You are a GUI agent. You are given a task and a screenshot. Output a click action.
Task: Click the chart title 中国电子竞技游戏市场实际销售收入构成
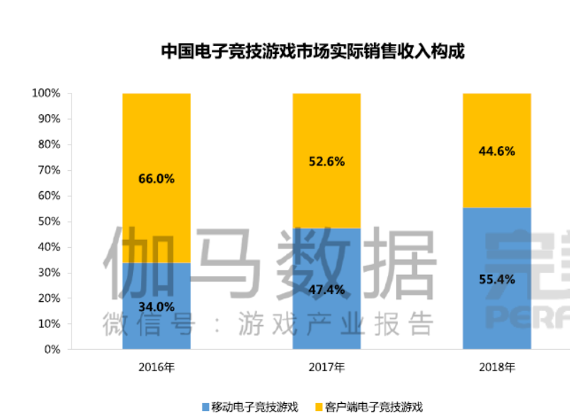(312, 52)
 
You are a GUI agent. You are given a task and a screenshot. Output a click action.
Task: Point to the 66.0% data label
(156, 179)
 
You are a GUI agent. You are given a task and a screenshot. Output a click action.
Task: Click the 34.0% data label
(156, 307)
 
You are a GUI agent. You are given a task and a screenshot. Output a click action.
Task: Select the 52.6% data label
(326, 162)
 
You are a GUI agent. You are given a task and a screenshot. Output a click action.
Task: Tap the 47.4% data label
(326, 289)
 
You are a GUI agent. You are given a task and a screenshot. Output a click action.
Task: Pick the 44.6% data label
(496, 151)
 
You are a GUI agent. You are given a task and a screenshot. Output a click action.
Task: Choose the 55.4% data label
(496, 279)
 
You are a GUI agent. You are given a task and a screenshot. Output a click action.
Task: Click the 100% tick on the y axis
(46, 94)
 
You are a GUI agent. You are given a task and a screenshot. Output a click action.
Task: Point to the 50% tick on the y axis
(49, 222)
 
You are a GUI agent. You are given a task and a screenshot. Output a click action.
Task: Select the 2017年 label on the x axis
(326, 368)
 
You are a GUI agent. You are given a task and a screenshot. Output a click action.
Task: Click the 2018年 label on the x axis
(496, 368)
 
